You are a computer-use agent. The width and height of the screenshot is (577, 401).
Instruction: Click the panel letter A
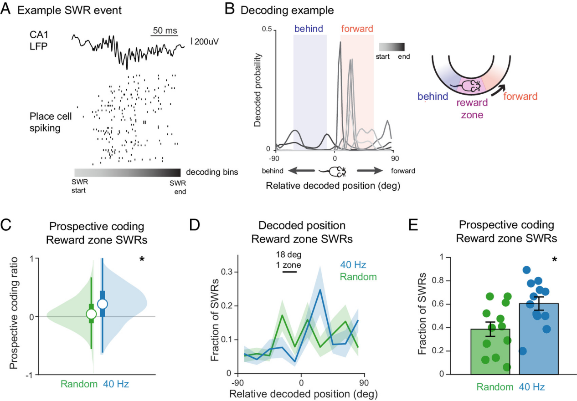pyautogui.click(x=8, y=9)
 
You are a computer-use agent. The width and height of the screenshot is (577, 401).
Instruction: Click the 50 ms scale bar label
pyautogui.click(x=164, y=31)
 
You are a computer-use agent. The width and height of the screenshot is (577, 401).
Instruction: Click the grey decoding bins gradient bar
pyautogui.click(x=127, y=173)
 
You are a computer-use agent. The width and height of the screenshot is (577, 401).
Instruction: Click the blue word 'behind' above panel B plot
pyautogui.click(x=309, y=29)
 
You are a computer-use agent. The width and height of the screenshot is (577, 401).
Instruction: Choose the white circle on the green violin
pyautogui.click(x=91, y=314)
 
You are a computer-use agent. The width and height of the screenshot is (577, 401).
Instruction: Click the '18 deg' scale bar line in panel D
pyautogui.click(x=289, y=272)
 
